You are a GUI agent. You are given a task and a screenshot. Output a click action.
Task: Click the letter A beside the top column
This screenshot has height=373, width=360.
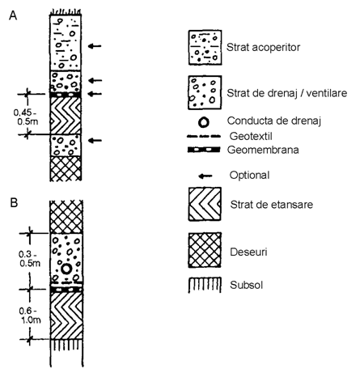(x=13, y=15)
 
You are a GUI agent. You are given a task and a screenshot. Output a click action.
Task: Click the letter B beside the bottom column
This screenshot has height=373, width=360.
(x=14, y=202)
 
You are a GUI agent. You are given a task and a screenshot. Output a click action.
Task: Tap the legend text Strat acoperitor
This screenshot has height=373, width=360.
(x=263, y=48)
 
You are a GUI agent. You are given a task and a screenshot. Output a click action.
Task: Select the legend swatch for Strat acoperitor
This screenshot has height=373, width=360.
(x=205, y=48)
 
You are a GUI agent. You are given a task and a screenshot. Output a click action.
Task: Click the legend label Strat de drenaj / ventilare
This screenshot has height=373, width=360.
(x=287, y=93)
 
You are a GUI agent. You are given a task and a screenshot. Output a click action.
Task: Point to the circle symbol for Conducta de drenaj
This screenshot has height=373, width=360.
(x=204, y=122)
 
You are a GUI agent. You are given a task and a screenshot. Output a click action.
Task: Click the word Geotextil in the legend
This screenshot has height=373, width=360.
(x=251, y=136)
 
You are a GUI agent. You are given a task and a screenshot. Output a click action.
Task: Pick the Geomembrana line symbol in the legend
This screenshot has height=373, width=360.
(x=204, y=150)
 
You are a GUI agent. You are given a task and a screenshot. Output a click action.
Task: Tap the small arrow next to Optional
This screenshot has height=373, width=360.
(x=205, y=176)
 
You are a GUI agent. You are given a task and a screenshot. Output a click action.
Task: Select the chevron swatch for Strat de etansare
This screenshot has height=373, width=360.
(x=205, y=204)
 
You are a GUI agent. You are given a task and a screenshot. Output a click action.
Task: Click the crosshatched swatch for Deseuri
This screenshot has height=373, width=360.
(x=205, y=250)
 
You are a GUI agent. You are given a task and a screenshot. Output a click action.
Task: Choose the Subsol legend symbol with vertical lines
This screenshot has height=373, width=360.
(x=205, y=285)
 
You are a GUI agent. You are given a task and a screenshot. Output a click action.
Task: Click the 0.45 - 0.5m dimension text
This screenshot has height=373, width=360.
(x=26, y=117)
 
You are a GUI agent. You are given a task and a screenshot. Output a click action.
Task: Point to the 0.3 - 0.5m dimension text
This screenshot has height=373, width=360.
(x=29, y=258)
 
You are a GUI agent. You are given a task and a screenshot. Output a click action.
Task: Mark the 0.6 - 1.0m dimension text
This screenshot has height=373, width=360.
(x=30, y=316)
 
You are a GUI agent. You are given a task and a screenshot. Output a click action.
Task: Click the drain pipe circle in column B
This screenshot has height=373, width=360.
(x=66, y=269)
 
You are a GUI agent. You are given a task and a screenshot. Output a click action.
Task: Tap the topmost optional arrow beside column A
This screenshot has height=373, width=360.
(x=95, y=46)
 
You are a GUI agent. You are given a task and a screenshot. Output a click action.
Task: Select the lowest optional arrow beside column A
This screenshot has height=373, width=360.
(x=95, y=140)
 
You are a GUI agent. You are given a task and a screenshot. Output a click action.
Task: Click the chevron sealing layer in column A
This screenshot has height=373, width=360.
(x=66, y=116)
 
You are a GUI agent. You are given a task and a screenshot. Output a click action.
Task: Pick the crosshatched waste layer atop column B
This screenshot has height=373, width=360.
(x=66, y=217)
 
